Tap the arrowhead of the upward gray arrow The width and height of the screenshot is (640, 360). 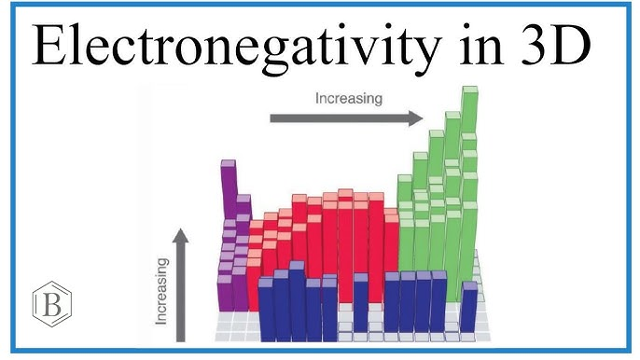(x=181, y=235)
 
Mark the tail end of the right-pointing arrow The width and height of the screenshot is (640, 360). (x=272, y=118)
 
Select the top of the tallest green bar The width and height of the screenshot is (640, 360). (x=470, y=91)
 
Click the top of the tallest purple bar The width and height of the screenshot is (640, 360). (x=228, y=164)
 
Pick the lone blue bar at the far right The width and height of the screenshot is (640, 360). (x=468, y=306)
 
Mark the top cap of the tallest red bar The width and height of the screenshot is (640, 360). (x=345, y=193)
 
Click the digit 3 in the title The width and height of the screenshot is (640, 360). (x=544, y=44)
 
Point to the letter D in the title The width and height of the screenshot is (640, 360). (x=579, y=44)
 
